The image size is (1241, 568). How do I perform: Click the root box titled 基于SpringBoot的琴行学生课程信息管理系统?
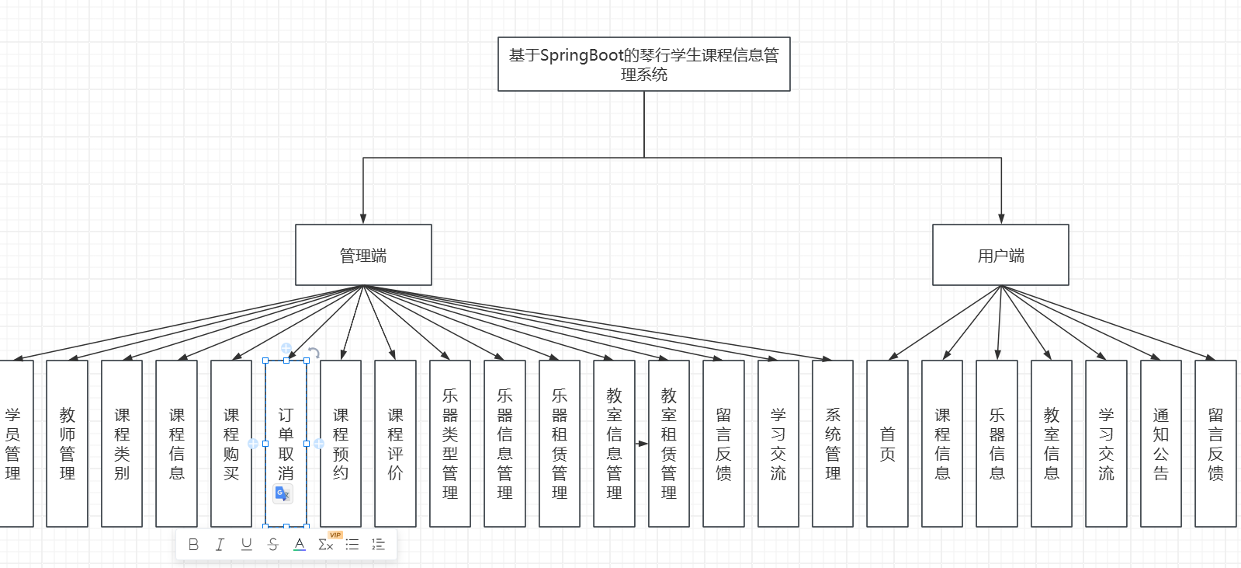coord(643,64)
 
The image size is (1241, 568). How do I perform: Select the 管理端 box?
coord(363,255)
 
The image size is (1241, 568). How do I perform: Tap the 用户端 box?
coord(1000,255)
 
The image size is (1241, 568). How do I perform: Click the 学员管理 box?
coord(13,444)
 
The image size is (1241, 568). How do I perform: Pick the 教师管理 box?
coord(68,444)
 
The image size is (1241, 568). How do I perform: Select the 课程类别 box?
coord(122,444)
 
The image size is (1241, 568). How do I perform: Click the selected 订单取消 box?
coord(286,435)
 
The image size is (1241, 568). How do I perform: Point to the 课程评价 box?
coord(395,444)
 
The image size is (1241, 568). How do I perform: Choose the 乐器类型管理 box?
coord(450,444)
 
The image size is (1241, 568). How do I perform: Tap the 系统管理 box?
coord(833,444)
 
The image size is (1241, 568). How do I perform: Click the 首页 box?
coord(887,444)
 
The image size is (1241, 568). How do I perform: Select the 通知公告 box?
coord(1160,444)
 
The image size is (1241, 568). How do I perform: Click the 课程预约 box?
coord(341,444)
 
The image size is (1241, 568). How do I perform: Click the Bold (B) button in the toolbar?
coord(193,545)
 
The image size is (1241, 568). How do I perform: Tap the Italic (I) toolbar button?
coord(220,545)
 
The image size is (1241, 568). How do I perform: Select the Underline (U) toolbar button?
coord(246,545)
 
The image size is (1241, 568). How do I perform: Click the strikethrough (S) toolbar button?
coord(272,545)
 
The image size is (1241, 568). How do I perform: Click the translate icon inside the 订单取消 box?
coord(283,493)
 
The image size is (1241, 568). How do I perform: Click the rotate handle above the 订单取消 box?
coord(314,353)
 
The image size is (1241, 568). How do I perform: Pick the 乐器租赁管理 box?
coord(560,444)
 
